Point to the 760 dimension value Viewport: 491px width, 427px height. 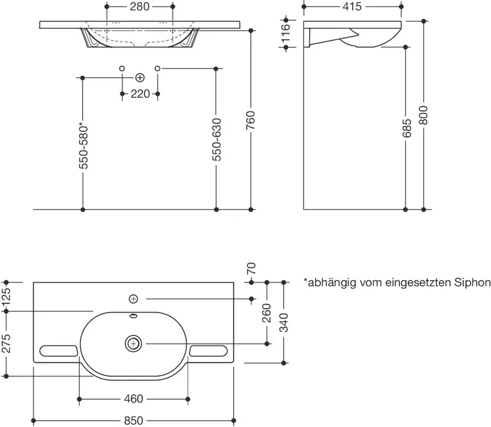[251, 121]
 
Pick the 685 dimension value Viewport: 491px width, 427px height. [405, 131]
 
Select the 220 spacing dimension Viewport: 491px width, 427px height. [140, 94]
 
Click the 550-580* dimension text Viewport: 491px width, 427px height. [84, 146]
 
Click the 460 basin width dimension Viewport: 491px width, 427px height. [133, 399]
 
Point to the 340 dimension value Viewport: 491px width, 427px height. [284, 323]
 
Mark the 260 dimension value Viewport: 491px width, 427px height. [267, 313]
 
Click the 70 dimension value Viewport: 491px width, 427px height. [251, 268]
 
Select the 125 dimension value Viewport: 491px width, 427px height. [7, 297]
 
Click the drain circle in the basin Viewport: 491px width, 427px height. [133, 343]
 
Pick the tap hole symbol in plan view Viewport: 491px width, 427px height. [133, 298]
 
